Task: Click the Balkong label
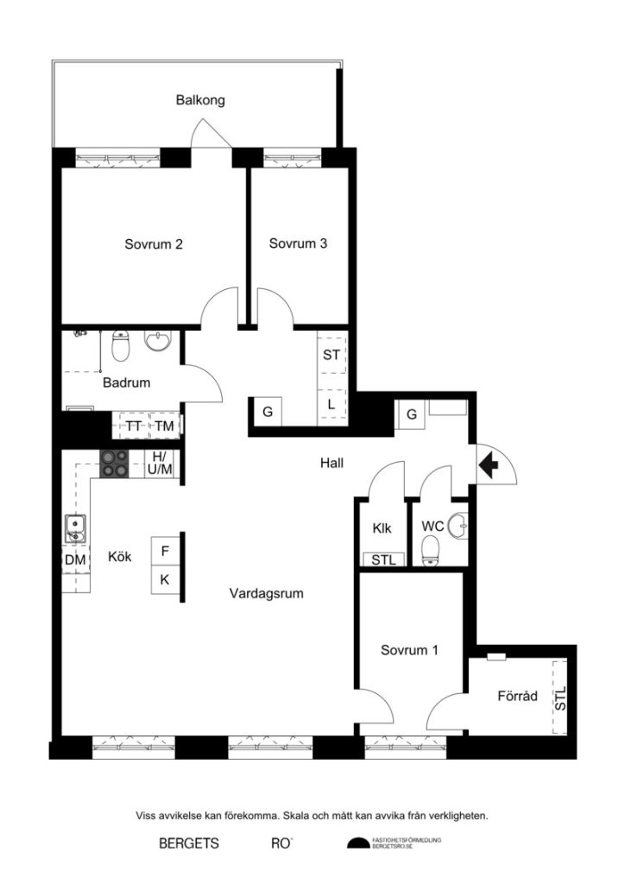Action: click(200, 100)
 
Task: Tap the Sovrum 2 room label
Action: click(153, 244)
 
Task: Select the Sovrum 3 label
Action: click(298, 244)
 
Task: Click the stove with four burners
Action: click(115, 464)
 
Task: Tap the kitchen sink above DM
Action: click(74, 528)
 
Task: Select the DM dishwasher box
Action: click(75, 559)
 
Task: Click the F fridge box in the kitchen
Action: click(165, 549)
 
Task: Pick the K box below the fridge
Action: click(165, 579)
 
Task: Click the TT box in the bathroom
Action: click(133, 426)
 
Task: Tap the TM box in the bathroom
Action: click(164, 426)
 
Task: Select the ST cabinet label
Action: click(331, 355)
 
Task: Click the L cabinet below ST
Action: click(331, 404)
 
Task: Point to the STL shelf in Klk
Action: click(382, 560)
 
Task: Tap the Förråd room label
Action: click(518, 695)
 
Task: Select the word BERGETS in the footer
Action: click(188, 843)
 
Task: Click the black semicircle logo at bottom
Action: click(357, 843)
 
